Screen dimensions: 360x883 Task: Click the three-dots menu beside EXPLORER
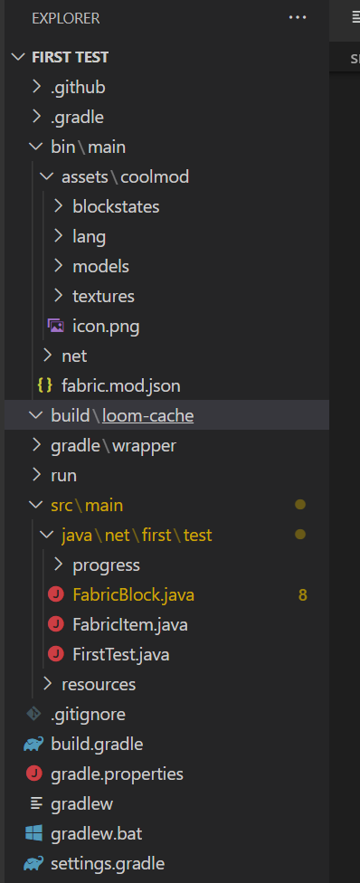[x=298, y=17]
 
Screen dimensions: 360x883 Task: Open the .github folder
[x=78, y=87]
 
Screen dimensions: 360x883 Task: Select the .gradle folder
[x=77, y=117]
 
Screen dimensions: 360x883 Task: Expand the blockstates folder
[x=116, y=206]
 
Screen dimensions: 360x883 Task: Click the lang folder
[x=89, y=236]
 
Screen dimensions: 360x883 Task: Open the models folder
[x=100, y=266]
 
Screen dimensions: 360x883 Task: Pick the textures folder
[x=103, y=296]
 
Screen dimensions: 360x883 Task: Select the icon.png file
[x=106, y=326]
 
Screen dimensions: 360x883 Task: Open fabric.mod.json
[x=120, y=385]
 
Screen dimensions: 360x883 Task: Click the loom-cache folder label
[x=147, y=415]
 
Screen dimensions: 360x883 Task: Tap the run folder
[x=63, y=475]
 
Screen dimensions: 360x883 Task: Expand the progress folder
[x=106, y=565]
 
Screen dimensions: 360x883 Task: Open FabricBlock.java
[x=133, y=594]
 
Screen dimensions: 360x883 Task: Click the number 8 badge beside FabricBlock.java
[x=303, y=594]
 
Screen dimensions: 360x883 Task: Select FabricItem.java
[x=129, y=624]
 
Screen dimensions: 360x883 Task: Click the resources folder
[x=99, y=684]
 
